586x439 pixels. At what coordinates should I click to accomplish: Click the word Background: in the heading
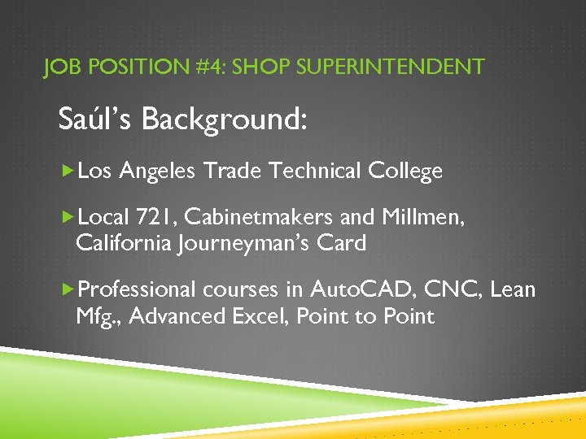coord(225,120)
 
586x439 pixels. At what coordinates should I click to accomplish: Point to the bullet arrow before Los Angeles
coord(68,171)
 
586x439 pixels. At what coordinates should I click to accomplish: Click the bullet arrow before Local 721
coord(68,217)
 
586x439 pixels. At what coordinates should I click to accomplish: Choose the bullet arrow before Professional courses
coord(68,289)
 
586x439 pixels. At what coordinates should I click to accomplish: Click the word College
coord(405,172)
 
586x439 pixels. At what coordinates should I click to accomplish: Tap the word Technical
coord(316,171)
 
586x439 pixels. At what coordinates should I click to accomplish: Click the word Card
coord(343,242)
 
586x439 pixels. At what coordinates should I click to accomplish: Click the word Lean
coord(514,289)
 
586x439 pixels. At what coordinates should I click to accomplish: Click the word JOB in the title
coord(60,67)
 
